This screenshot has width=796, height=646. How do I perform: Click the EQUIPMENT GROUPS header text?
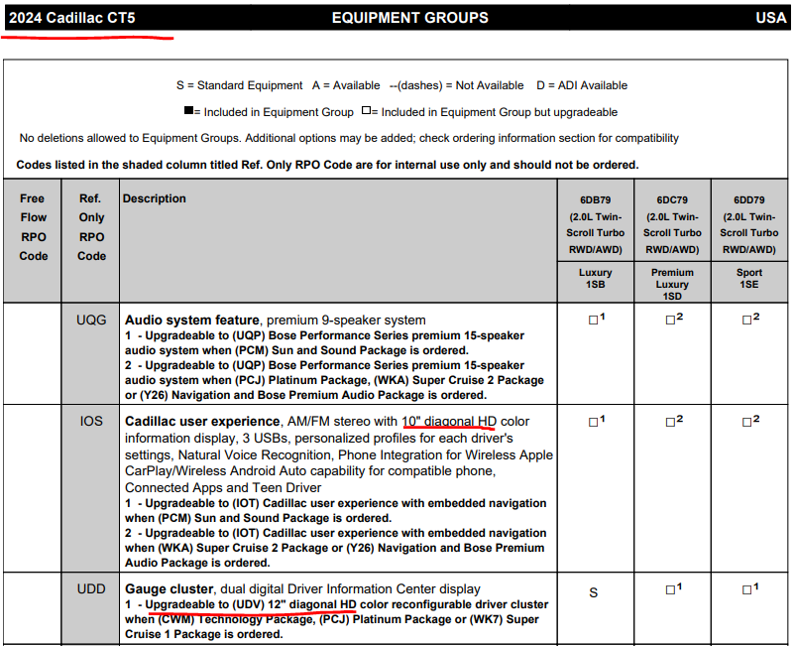tap(409, 17)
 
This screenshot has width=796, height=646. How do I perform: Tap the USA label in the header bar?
tap(770, 17)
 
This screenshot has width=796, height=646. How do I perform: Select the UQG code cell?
tap(91, 320)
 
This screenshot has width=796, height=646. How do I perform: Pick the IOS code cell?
tap(91, 421)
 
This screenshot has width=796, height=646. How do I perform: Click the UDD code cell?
tap(91, 588)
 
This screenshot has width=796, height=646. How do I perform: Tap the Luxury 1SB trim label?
tap(595, 279)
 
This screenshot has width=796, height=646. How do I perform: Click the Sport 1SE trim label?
tap(749, 279)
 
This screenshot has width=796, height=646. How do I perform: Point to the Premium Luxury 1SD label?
tap(672, 284)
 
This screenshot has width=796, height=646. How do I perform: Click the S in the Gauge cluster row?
tap(594, 592)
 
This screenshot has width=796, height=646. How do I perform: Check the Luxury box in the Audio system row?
tap(593, 320)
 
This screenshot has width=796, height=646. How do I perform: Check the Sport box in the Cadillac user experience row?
tap(746, 422)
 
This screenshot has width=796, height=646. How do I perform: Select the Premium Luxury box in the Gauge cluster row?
tap(670, 590)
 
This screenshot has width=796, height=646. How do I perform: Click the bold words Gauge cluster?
tap(160, 589)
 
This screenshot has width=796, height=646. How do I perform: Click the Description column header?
tap(154, 198)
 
